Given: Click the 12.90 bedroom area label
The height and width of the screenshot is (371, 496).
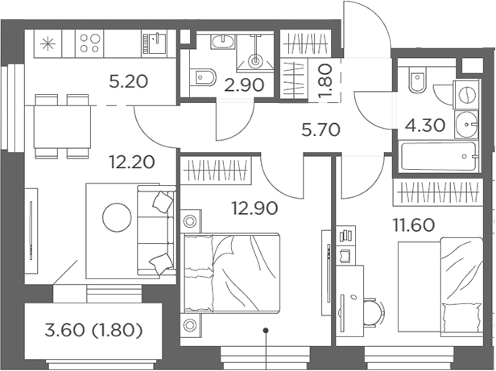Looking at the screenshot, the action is [254, 208].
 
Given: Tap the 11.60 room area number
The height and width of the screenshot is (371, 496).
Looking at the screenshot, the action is [413, 225].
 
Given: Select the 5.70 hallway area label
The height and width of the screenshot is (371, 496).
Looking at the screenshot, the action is [320, 130].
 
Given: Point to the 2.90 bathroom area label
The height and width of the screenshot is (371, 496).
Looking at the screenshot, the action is [244, 85].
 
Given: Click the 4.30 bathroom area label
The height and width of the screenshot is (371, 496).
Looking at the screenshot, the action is [425, 126].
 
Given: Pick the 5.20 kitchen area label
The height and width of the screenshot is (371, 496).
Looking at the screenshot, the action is [129, 81].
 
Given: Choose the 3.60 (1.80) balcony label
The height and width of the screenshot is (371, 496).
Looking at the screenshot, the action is [93, 331].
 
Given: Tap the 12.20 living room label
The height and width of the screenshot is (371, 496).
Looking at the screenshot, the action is [131, 163].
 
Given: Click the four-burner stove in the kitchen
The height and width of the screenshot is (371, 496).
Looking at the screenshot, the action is [90, 43].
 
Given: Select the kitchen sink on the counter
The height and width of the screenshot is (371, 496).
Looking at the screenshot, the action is [155, 43].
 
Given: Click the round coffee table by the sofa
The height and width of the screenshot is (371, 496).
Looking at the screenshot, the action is [117, 217].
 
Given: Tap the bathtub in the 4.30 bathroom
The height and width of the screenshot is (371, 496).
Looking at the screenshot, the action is [438, 156].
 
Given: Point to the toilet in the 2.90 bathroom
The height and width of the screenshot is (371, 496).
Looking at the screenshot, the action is [203, 77].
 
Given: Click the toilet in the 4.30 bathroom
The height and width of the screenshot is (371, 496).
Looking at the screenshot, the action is [417, 80].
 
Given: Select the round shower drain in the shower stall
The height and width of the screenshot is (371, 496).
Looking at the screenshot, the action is [255, 60].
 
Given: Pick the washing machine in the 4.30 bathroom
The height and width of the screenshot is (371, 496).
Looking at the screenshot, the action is [466, 95].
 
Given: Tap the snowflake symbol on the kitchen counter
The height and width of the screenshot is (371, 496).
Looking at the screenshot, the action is [48, 43].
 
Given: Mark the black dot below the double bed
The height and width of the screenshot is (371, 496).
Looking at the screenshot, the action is [266, 331].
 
